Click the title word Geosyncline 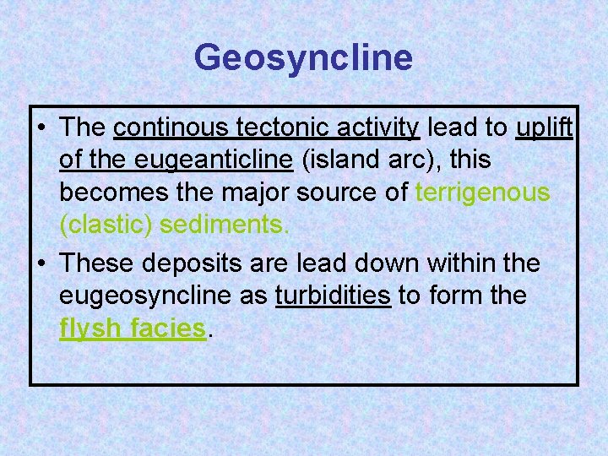303,58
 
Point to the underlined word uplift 545,128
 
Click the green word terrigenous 482,193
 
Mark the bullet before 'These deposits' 41,264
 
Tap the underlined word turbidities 334,296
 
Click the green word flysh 90,328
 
